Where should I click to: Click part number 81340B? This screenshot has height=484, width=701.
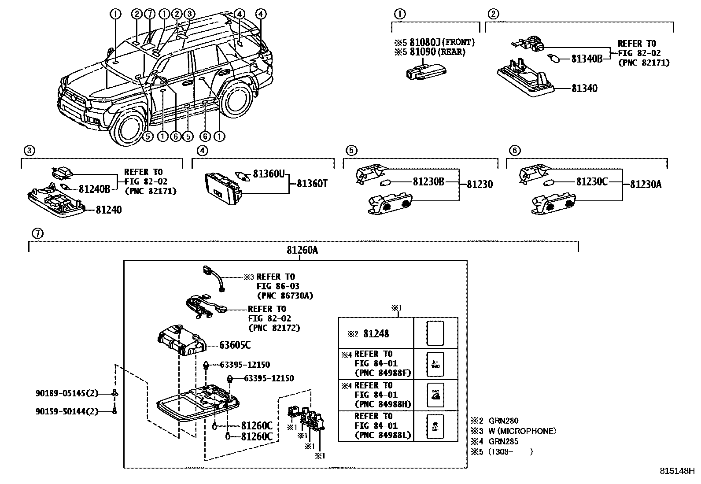click(587, 58)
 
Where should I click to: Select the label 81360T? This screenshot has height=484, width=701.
click(312, 184)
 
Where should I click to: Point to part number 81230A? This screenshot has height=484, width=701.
click(646, 184)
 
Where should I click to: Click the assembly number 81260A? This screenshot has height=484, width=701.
click(302, 250)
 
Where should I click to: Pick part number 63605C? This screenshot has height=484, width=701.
click(235, 345)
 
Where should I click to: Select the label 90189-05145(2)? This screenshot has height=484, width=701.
click(66, 393)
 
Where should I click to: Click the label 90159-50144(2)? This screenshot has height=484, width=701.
click(66, 411)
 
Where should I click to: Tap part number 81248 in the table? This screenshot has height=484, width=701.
click(376, 334)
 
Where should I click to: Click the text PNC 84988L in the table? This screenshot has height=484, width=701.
click(383, 435)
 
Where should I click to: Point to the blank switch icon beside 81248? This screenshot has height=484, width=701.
click(435, 333)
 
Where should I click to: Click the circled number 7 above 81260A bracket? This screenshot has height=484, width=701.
click(38, 233)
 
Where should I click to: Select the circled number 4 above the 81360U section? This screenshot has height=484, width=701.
click(201, 151)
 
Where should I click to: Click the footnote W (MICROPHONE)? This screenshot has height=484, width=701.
click(522, 431)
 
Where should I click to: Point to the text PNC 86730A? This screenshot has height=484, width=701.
click(284, 296)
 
